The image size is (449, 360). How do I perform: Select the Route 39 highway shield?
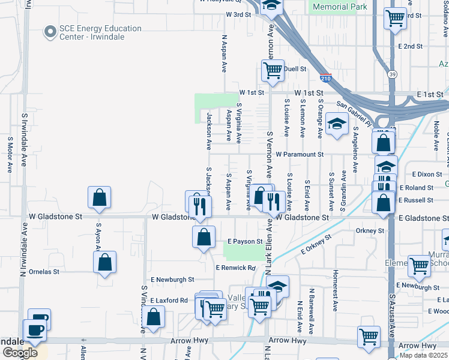pyautogui.click(x=392, y=74)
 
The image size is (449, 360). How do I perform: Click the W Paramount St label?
pyautogui.click(x=300, y=154)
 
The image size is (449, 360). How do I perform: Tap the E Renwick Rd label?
pyautogui.click(x=235, y=268)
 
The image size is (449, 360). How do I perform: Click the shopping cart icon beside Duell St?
pyautogui.click(x=273, y=70)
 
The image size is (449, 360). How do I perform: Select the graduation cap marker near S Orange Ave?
pyautogui.click(x=337, y=125)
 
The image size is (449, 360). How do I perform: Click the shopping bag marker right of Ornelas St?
pyautogui.click(x=105, y=262)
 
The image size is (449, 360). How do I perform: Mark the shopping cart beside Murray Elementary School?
pyautogui.click(x=418, y=265)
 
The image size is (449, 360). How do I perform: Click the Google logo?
pyautogui.click(x=20, y=353)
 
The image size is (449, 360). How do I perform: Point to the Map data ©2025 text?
pyautogui.click(x=424, y=355)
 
